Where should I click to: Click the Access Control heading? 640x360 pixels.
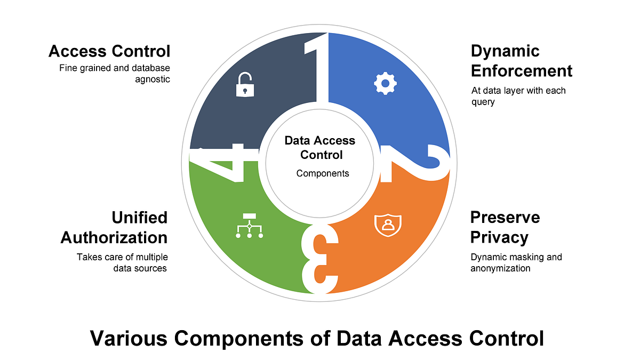[109, 51]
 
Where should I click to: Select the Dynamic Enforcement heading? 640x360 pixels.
[521, 61]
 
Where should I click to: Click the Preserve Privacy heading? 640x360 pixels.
[505, 227]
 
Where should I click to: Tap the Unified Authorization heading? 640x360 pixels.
[114, 227]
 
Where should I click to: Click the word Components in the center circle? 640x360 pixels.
[323, 173]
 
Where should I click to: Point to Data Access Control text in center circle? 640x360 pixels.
[320, 148]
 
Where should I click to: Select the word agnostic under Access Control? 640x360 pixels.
[152, 80]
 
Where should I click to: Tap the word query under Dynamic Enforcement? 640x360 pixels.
[483, 102]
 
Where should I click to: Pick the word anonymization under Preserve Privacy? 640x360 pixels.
[500, 268]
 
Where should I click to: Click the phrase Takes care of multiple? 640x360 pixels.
[123, 257]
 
